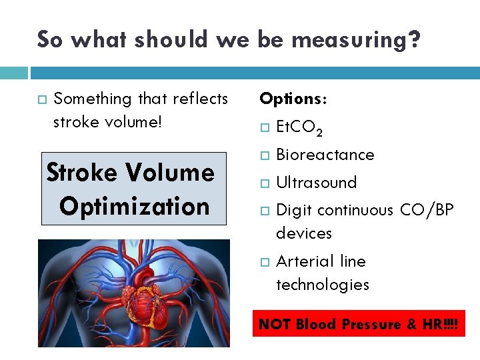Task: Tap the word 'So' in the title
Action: click(51, 39)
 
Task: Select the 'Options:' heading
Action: click(293, 99)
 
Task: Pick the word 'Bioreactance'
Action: click(325, 155)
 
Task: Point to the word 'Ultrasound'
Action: click(316, 182)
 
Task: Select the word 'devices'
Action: click(304, 233)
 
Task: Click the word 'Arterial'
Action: click(303, 261)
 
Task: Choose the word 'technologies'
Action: click(323, 285)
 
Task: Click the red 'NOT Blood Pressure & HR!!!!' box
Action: click(359, 325)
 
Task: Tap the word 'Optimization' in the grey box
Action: click(134, 206)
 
